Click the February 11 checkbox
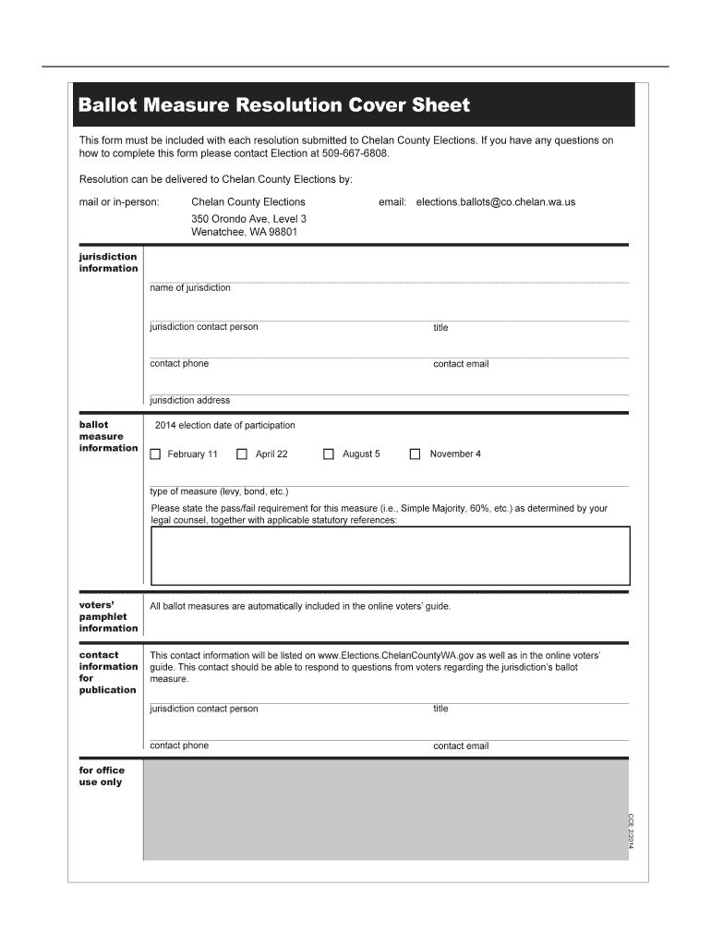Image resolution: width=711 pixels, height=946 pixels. click(x=155, y=455)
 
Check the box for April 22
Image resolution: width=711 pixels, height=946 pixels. click(x=242, y=455)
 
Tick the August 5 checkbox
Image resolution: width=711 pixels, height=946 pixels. click(x=329, y=455)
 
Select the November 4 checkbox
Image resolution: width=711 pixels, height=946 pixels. click(x=416, y=455)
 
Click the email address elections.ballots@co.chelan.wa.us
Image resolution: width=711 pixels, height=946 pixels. click(x=495, y=201)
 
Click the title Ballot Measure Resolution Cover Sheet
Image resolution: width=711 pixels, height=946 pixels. click(x=274, y=105)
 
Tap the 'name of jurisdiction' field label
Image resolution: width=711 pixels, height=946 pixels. click(x=190, y=288)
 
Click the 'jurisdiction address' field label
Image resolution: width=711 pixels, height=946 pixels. click(x=190, y=401)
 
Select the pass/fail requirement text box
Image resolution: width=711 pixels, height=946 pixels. click(x=390, y=555)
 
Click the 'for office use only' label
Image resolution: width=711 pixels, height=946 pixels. click(x=102, y=776)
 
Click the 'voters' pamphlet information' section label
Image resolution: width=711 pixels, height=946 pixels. click(x=108, y=616)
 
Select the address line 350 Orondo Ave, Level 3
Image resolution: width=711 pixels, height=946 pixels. click(x=248, y=219)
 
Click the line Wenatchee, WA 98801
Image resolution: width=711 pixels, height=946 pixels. click(x=244, y=233)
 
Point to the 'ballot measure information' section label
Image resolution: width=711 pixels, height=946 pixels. click(x=108, y=436)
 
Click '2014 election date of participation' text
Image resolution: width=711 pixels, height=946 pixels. click(x=225, y=426)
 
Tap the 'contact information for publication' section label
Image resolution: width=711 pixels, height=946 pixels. click(x=108, y=673)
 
